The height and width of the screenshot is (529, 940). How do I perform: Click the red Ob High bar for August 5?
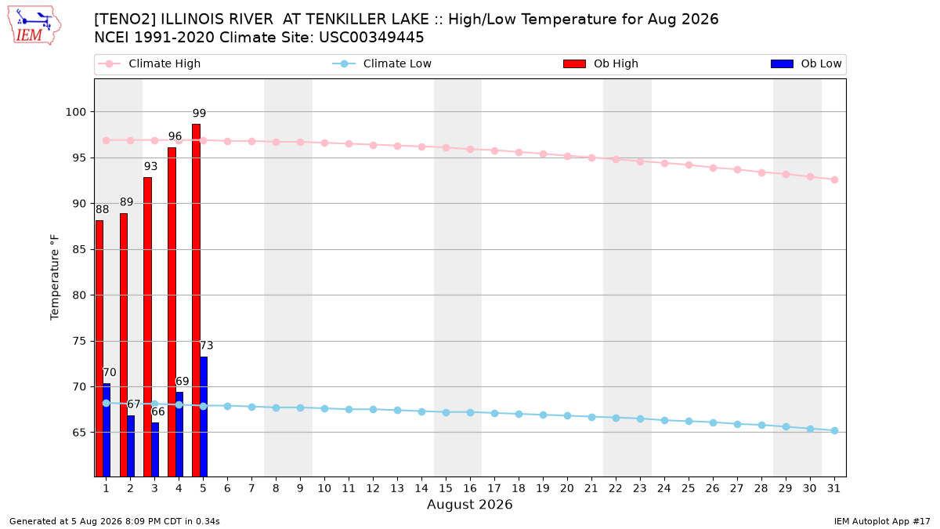[x=196, y=300]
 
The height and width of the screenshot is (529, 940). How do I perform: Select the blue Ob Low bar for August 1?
[x=107, y=430]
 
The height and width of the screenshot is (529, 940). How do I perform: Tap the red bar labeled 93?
[x=148, y=327]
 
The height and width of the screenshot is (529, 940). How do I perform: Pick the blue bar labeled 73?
[x=204, y=416]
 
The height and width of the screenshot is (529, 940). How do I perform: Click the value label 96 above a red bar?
[x=175, y=136]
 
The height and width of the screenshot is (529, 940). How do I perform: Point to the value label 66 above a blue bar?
[x=158, y=412]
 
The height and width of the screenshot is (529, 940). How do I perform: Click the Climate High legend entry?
[x=150, y=63]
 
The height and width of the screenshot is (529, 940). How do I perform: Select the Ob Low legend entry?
[x=806, y=63]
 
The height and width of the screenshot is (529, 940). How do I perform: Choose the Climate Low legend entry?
[x=382, y=63]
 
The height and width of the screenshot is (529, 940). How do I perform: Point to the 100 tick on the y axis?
[x=75, y=112]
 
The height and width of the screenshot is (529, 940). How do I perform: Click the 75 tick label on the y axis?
[x=79, y=342]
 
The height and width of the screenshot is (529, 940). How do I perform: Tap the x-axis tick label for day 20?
[x=567, y=489]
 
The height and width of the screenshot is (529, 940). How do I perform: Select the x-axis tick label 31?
[x=833, y=489]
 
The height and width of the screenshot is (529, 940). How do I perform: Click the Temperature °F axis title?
[x=55, y=277]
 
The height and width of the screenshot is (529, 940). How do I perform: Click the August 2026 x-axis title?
[x=469, y=504]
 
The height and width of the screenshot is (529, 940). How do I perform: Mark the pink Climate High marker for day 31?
[x=835, y=179]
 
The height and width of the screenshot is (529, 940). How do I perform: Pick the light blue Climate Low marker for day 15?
[x=446, y=413]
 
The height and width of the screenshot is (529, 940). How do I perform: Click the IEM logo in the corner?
[x=34, y=25]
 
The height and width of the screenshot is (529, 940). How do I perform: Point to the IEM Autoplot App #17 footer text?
[x=882, y=521]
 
